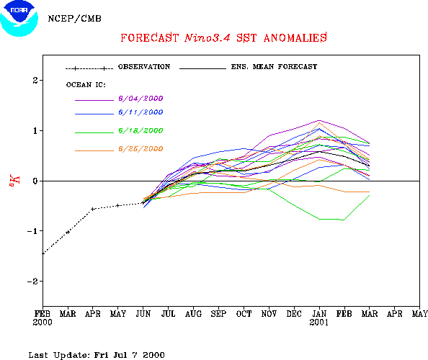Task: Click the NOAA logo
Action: pyautogui.click(x=19, y=18)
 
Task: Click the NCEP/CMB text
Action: pyautogui.click(x=74, y=19)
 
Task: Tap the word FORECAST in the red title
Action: pyautogui.click(x=150, y=38)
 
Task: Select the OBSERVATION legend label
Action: pyautogui.click(x=144, y=67)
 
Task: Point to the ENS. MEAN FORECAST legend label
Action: pyautogui.click(x=274, y=67)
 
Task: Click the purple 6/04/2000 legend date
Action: pyautogui.click(x=141, y=99)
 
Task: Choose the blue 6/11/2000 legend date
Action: pyautogui.click(x=141, y=112)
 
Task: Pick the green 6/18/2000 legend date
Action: pyautogui.click(x=141, y=130)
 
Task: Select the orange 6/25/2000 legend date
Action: pyautogui.click(x=141, y=149)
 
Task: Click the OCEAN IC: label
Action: pyautogui.click(x=86, y=85)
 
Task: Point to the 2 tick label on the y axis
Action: pyautogui.click(x=35, y=81)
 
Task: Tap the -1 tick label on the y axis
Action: pyautogui.click(x=32, y=231)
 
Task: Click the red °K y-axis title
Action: pyautogui.click(x=14, y=180)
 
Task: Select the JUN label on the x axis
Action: pyautogui.click(x=143, y=314)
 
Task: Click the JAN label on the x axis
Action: pyautogui.click(x=319, y=314)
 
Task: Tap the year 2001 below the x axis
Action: pyautogui.click(x=318, y=323)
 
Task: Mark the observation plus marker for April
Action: pyautogui.click(x=93, y=210)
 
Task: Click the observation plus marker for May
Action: pyautogui.click(x=118, y=205)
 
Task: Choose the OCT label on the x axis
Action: pyautogui.click(x=244, y=314)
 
